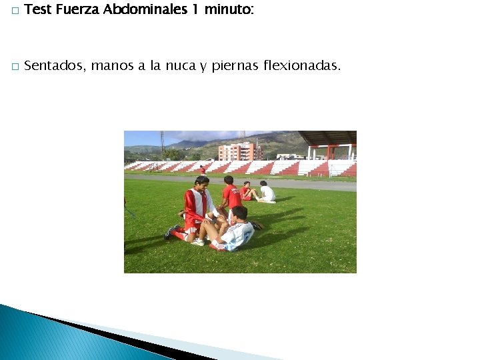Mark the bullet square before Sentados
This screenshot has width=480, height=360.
13,67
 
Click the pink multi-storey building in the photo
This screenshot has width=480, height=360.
240,152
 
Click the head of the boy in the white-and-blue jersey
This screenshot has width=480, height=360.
239,213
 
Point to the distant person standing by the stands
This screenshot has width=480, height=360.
203,170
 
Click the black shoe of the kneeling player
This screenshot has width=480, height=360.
170,233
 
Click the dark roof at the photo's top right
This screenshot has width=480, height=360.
328,137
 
